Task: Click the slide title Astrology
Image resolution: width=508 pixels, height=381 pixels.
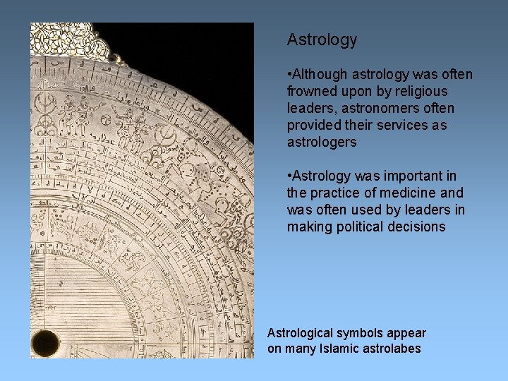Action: tap(322, 40)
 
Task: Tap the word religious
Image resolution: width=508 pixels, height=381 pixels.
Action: tap(421, 91)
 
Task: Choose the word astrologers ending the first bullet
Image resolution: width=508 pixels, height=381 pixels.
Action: tap(322, 142)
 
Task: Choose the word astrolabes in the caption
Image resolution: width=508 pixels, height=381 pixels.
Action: tap(394, 349)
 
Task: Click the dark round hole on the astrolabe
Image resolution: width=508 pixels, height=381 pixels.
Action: tap(45, 343)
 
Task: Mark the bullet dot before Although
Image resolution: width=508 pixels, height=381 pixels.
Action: tap(289, 75)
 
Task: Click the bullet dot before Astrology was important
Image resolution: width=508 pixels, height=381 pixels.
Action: tap(289, 176)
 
